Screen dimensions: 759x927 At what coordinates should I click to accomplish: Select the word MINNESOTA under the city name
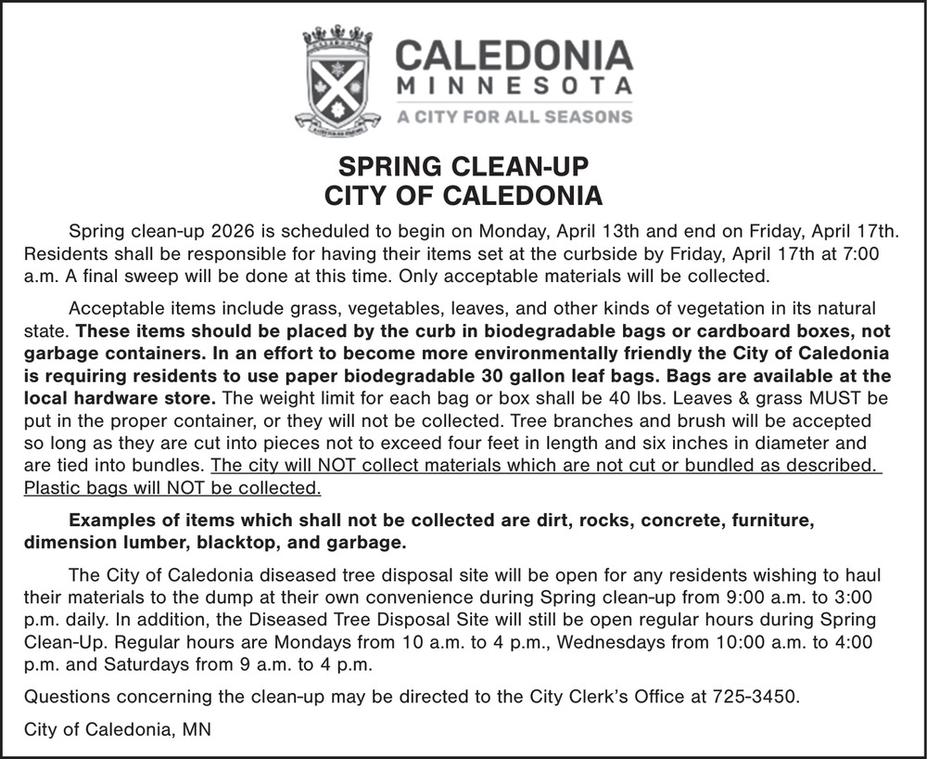click(514, 87)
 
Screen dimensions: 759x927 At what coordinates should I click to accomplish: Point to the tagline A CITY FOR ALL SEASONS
click(514, 117)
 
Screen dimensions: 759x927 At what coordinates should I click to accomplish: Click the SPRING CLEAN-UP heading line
click(463, 168)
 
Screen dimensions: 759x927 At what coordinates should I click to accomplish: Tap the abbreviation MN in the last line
click(196, 729)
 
